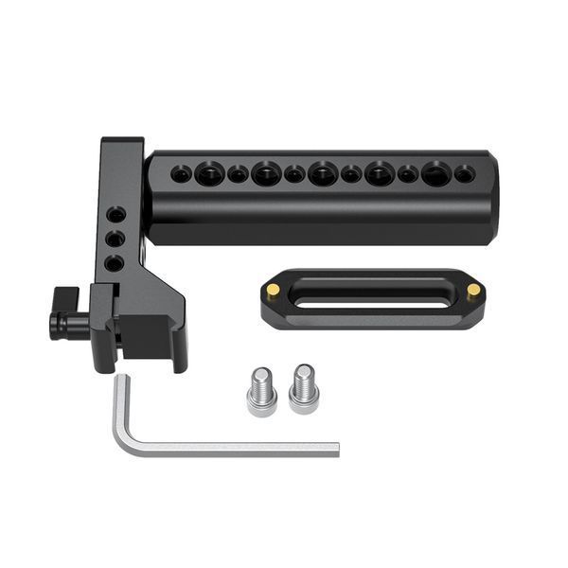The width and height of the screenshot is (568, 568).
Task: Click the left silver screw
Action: point(261,390)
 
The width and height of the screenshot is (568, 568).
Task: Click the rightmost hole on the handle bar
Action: point(463,174)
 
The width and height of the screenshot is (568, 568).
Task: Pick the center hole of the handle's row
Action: point(322,174)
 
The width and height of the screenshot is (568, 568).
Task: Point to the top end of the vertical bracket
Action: point(121,144)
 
